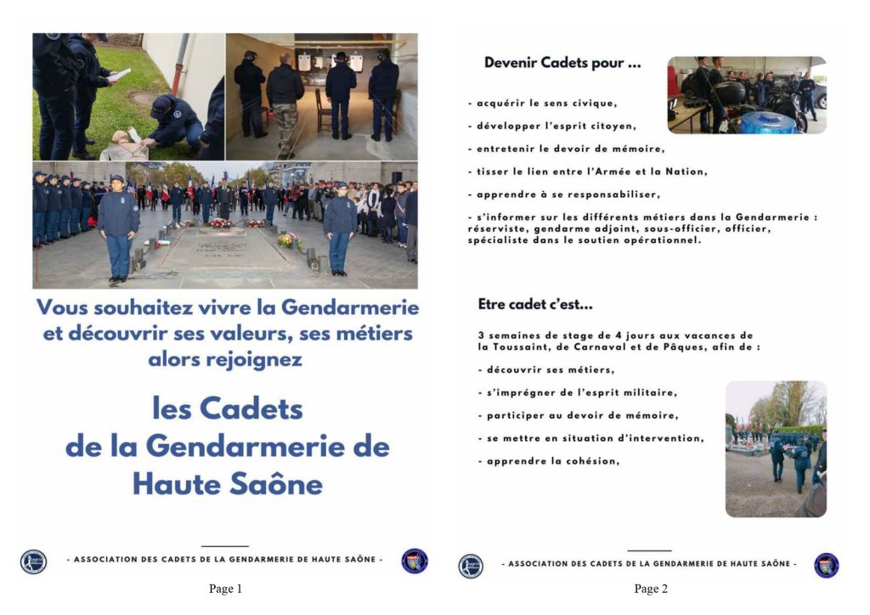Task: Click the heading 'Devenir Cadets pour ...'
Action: tap(562, 63)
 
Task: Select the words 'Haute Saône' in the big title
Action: tap(227, 484)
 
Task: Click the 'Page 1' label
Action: tap(225, 589)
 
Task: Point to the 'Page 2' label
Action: tap(650, 589)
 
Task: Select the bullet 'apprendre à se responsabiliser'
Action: tap(562, 194)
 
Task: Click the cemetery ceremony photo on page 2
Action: tap(775, 449)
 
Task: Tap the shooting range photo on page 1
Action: tap(321, 96)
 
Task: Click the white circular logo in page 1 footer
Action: tap(34, 562)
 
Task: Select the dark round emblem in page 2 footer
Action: tap(826, 565)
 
